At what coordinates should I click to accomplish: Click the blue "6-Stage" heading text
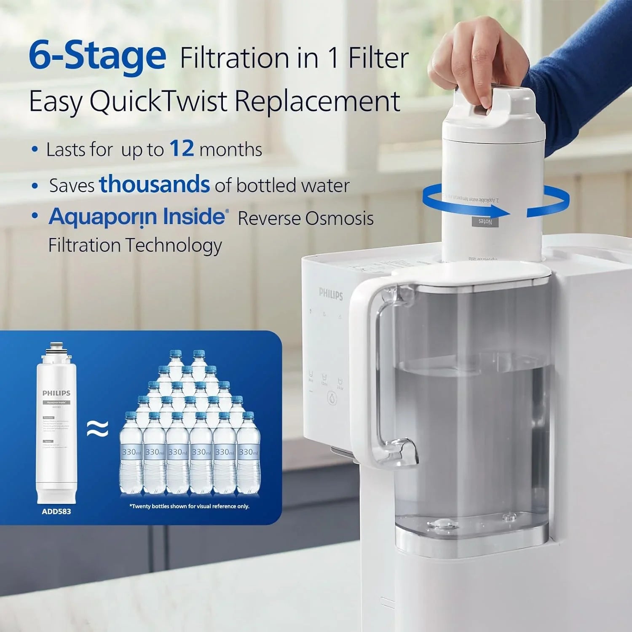point(97,56)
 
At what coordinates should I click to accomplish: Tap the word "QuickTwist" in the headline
point(158,102)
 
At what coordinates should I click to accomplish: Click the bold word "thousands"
point(154,185)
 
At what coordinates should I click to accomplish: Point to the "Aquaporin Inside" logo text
point(137,217)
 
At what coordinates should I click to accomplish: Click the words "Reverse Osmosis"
point(305,218)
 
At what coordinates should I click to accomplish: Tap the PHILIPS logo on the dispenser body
point(331,294)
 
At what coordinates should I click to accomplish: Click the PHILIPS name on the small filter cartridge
point(56,393)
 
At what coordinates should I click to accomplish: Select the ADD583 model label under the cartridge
point(56,511)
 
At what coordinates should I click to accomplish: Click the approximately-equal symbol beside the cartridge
point(97,429)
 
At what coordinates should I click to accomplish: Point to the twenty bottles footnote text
point(189,506)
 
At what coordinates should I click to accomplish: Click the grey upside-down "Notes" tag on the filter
point(485,222)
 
